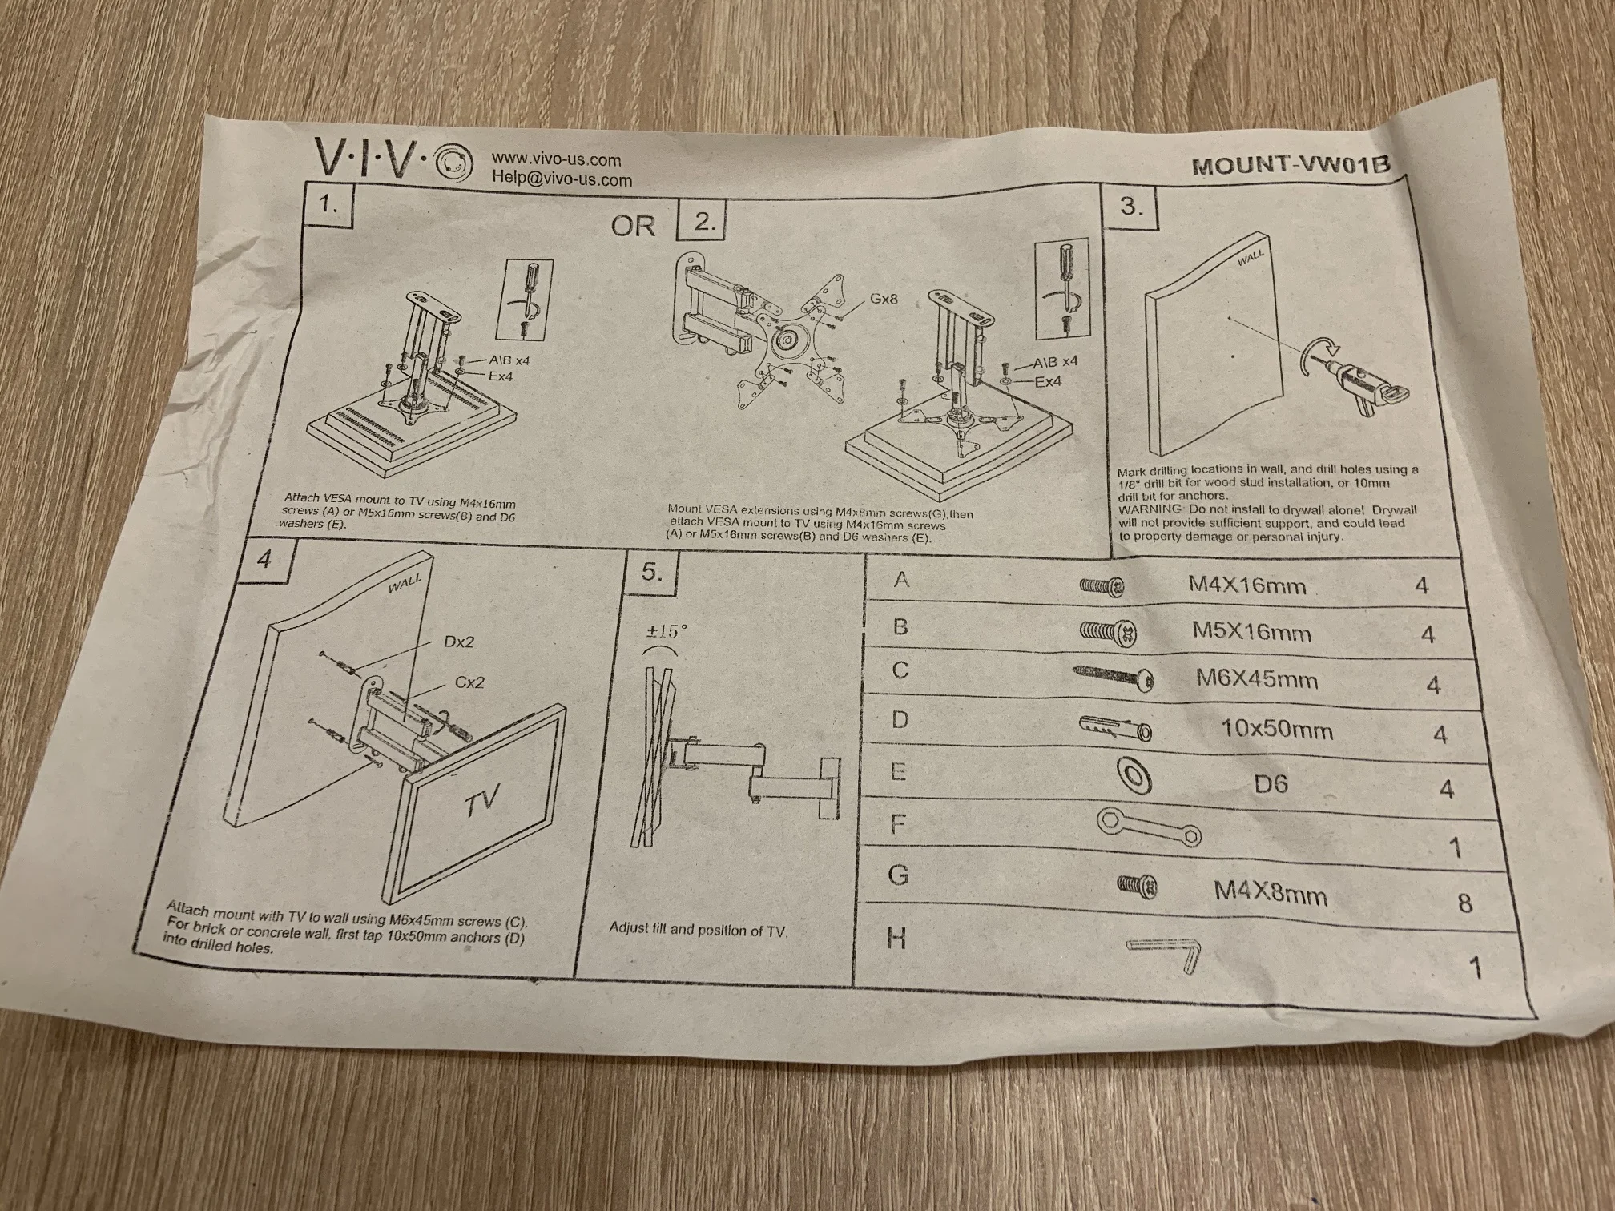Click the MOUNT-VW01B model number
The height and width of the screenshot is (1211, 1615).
tap(1291, 165)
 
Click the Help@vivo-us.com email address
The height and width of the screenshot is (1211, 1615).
tap(562, 179)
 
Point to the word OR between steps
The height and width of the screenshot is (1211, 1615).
tap(633, 226)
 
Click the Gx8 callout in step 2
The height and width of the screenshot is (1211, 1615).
tap(883, 299)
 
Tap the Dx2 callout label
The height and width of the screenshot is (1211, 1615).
tap(459, 642)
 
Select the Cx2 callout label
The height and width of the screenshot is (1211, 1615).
tap(469, 682)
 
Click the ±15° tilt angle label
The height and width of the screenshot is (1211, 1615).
tap(667, 631)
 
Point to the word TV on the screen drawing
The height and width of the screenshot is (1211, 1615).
tap(482, 801)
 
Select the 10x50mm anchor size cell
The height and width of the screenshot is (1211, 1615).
tap(1277, 730)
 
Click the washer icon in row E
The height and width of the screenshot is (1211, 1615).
tap(1133, 776)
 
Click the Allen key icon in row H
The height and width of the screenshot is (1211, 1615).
tap(1166, 954)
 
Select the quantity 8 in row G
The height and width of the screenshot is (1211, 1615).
tap(1465, 903)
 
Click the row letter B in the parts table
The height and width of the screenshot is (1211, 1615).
tap(900, 626)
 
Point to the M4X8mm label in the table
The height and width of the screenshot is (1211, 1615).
tap(1271, 891)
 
